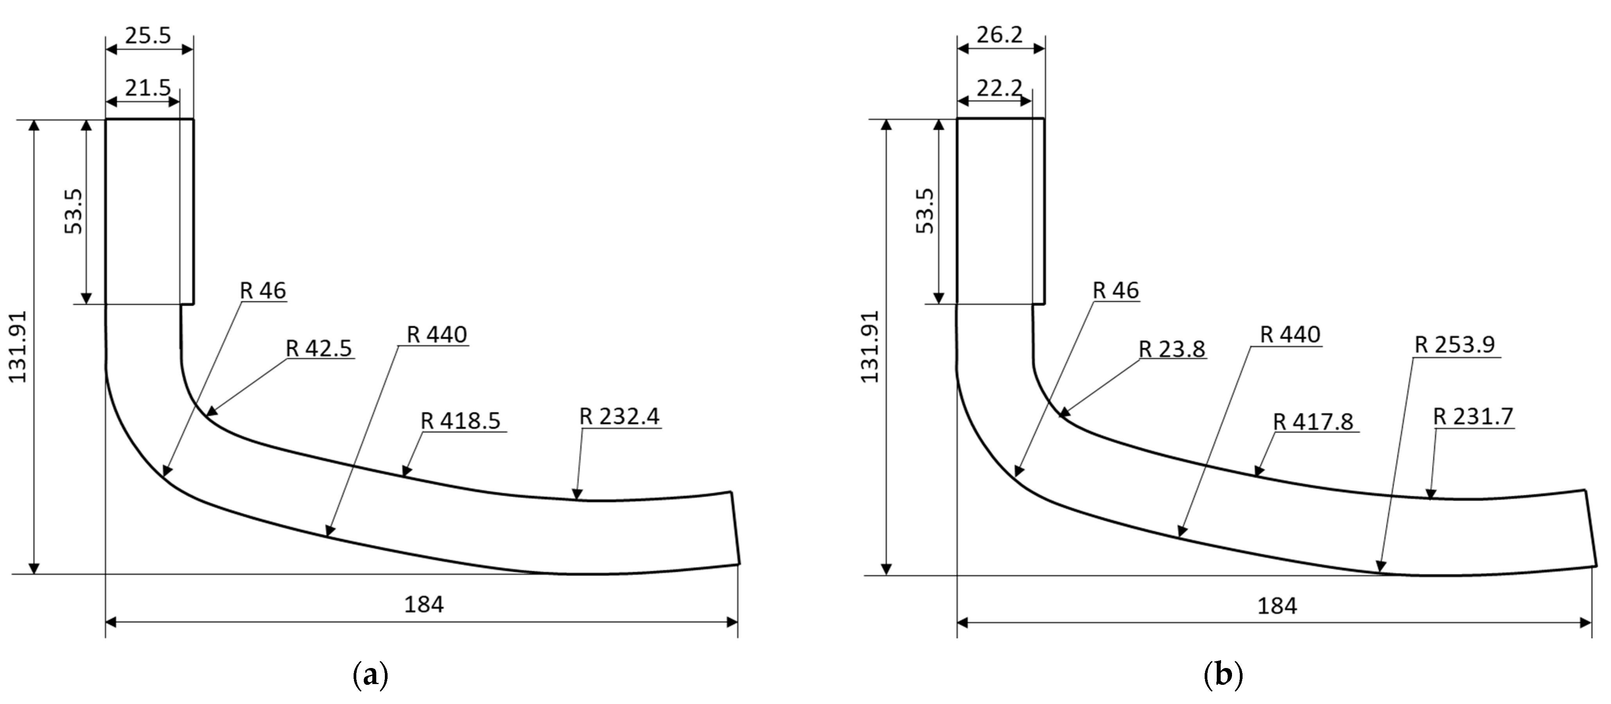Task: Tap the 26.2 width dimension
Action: [x=999, y=36]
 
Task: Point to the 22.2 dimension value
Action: [x=999, y=88]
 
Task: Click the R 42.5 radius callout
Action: [x=319, y=348]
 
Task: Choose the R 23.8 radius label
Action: [x=1172, y=349]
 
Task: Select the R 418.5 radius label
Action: [x=461, y=421]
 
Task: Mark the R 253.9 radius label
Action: [x=1455, y=345]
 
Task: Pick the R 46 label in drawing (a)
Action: [x=263, y=291]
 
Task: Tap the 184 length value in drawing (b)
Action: [x=1277, y=605]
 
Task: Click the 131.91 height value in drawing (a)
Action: [x=18, y=347]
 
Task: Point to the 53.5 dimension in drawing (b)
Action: [x=926, y=211]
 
